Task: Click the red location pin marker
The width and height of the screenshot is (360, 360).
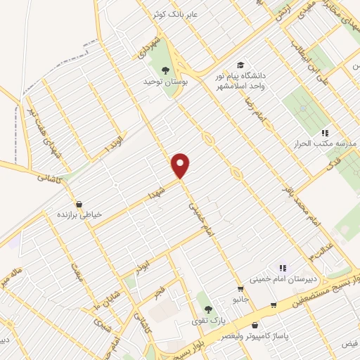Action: (x=181, y=165)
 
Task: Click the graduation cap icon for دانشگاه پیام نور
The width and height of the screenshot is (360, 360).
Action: (x=242, y=63)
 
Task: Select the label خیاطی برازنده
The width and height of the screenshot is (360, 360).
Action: (x=79, y=214)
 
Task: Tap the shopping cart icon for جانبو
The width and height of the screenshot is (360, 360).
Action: (x=241, y=288)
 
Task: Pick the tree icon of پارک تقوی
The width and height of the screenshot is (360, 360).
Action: (x=207, y=308)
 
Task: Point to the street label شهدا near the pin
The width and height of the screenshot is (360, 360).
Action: (x=155, y=191)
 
